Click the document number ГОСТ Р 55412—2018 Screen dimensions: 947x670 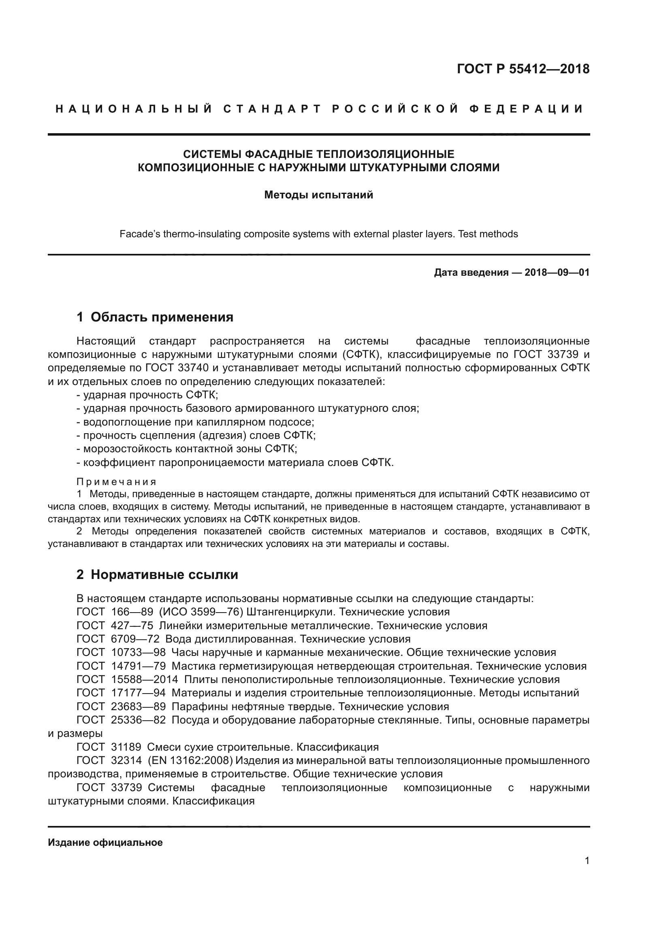tap(523, 69)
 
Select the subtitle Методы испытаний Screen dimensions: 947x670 tap(318, 195)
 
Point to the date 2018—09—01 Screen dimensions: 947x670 tap(557, 272)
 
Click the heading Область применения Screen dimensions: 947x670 tap(162, 317)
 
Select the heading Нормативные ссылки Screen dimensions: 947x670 tap(164, 575)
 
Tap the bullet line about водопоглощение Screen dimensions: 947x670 tap(195, 422)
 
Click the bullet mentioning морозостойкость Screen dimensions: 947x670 tap(187, 449)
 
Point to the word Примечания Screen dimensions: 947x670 tap(116, 482)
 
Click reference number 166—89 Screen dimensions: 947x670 tap(132, 612)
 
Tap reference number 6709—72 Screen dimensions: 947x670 tap(135, 639)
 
